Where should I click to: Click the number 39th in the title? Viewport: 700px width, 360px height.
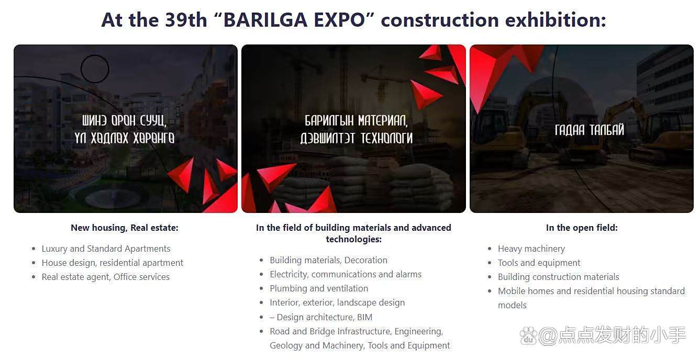click(x=186, y=20)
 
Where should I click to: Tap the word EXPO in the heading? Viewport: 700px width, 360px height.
click(x=339, y=20)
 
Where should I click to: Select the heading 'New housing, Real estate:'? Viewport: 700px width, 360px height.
click(x=125, y=228)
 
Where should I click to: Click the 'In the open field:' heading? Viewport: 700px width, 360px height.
click(x=582, y=228)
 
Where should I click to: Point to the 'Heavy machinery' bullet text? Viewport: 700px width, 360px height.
click(x=531, y=249)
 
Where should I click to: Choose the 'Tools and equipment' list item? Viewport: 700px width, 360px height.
click(x=539, y=263)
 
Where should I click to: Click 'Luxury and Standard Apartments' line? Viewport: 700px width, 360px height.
click(x=106, y=249)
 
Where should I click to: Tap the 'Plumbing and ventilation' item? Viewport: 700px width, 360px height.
click(x=319, y=288)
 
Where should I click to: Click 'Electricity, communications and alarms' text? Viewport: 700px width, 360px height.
click(x=346, y=274)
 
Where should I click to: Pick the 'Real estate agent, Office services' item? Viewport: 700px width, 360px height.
click(x=105, y=277)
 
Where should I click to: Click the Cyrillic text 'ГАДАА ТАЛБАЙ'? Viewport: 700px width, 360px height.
click(x=589, y=130)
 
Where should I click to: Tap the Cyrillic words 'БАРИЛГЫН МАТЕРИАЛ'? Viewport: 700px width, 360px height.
click(x=356, y=120)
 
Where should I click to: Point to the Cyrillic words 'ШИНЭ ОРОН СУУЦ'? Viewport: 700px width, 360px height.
click(x=124, y=120)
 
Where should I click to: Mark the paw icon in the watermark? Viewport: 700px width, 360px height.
click(x=528, y=336)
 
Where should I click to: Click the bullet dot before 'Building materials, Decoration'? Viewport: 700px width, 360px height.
click(x=261, y=260)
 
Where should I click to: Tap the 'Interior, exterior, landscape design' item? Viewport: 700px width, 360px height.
click(x=337, y=302)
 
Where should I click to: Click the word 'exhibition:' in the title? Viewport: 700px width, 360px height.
click(x=555, y=20)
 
